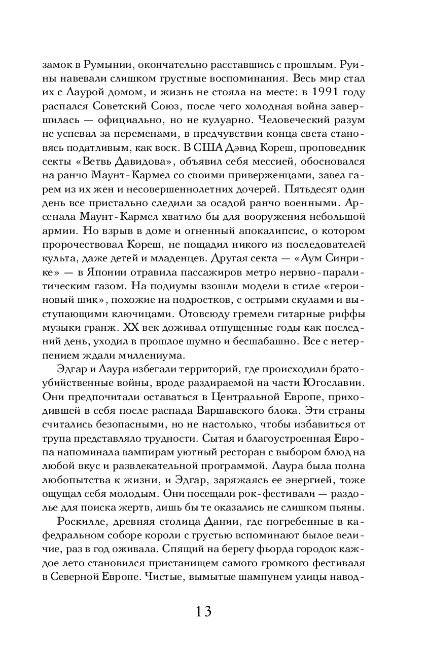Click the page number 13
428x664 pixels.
click(x=200, y=611)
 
